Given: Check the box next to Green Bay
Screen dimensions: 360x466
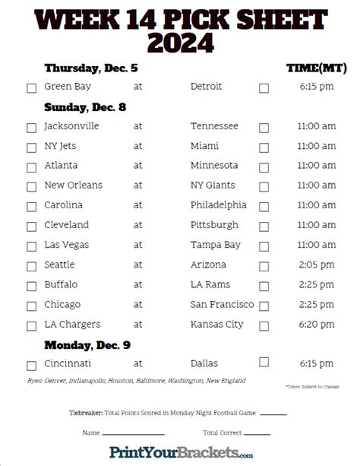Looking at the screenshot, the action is [32, 88].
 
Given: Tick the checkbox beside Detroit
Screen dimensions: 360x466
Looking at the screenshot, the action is [264, 88].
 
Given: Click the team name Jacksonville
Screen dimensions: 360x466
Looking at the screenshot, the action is [72, 126].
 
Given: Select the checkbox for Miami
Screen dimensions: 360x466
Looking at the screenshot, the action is [264, 147].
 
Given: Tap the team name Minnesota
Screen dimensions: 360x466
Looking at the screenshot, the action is [214, 165].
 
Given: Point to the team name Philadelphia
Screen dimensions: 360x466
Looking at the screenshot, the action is [219, 204].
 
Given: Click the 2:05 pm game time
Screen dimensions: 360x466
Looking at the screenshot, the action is [316, 265].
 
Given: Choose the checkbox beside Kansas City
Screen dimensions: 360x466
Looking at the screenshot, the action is [264, 325].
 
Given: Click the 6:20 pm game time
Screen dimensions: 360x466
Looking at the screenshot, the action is [316, 325].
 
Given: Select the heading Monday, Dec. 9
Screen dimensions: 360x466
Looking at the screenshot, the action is [87, 345].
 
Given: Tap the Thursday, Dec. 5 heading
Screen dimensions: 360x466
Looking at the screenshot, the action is [90, 68].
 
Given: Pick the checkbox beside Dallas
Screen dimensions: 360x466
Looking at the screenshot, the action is [264, 363].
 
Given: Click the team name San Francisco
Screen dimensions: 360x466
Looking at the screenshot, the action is [222, 304].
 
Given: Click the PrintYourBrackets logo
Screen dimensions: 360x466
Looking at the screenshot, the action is [181, 452].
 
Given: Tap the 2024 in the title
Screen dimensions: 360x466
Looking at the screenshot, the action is [179, 42].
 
